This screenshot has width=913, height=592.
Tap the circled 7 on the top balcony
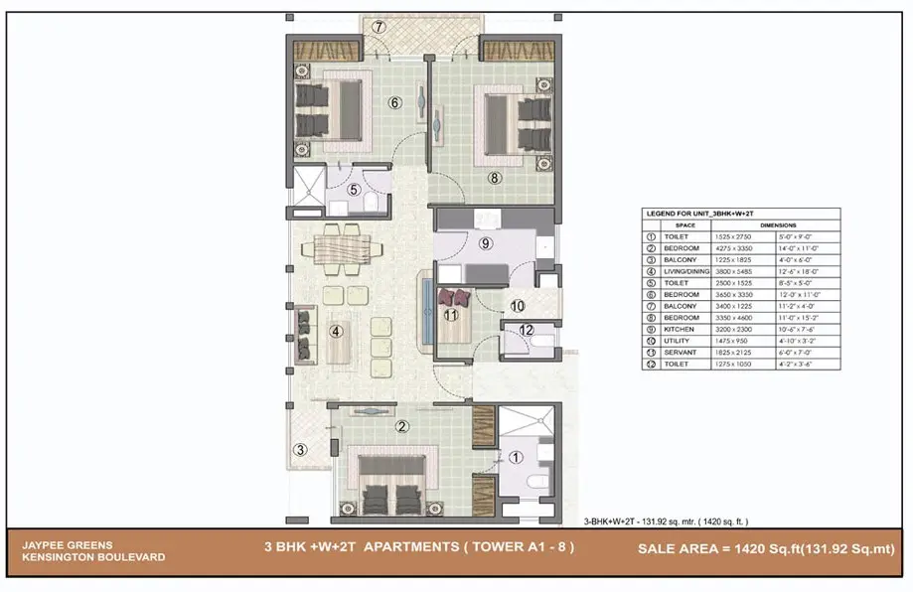coord(379,27)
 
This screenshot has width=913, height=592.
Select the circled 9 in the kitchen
coord(485,242)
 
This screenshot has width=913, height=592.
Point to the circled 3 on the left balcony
coord(300,450)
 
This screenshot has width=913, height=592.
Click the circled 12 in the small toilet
coord(528,331)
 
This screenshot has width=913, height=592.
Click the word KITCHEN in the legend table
coord(682,329)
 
